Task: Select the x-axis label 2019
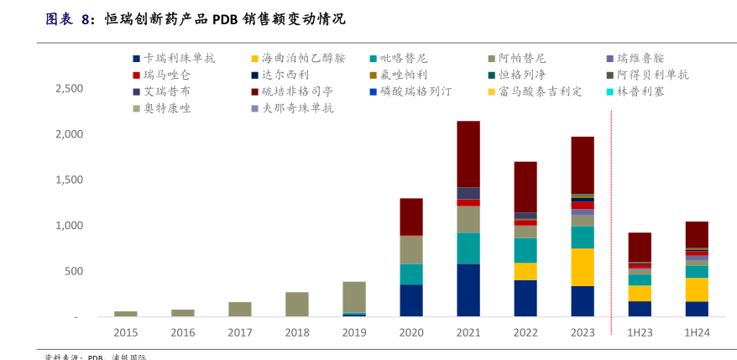[x=353, y=332]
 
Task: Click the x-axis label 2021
[x=468, y=332]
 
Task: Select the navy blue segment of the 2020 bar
[x=411, y=300]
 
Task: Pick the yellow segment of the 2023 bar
[x=583, y=267]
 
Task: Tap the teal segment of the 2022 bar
[x=525, y=250]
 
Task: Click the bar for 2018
[x=297, y=305]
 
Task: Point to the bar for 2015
[x=126, y=314]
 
